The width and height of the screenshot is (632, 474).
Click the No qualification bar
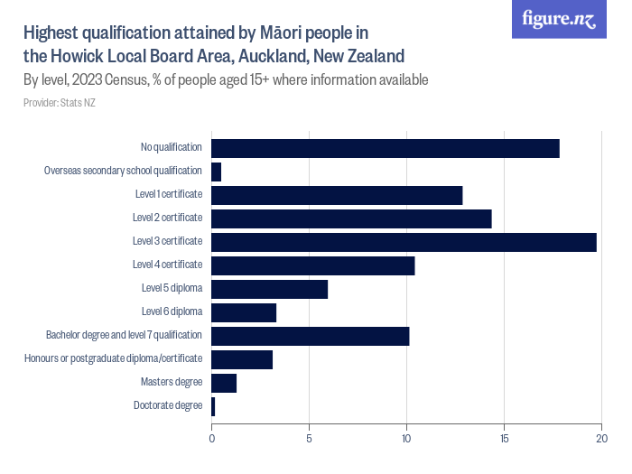pos(386,148)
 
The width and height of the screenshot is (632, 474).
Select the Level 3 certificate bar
pos(404,242)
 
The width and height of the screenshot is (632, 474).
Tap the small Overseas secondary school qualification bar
pos(216,172)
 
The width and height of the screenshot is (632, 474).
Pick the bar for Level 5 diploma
pos(269,289)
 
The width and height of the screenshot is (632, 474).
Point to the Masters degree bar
pos(224,383)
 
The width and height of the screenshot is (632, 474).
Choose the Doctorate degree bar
pos(213,406)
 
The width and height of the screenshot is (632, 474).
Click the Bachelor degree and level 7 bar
pos(311,336)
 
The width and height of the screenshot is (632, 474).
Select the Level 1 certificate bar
pos(337,195)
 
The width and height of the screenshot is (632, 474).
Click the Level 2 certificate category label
pos(167,218)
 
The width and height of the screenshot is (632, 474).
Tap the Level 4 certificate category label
pos(167,265)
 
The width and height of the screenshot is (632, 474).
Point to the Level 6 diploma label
pos(172,311)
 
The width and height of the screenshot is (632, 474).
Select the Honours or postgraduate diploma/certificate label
pos(113,358)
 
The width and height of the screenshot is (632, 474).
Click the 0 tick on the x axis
pos(212,439)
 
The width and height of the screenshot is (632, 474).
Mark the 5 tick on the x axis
pos(310,439)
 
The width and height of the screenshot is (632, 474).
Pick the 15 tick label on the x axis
pos(504,439)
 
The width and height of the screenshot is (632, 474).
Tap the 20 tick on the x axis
pos(601,439)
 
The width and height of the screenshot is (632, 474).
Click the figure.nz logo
pos(559,20)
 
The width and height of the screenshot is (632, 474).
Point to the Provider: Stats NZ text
pos(60,102)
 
